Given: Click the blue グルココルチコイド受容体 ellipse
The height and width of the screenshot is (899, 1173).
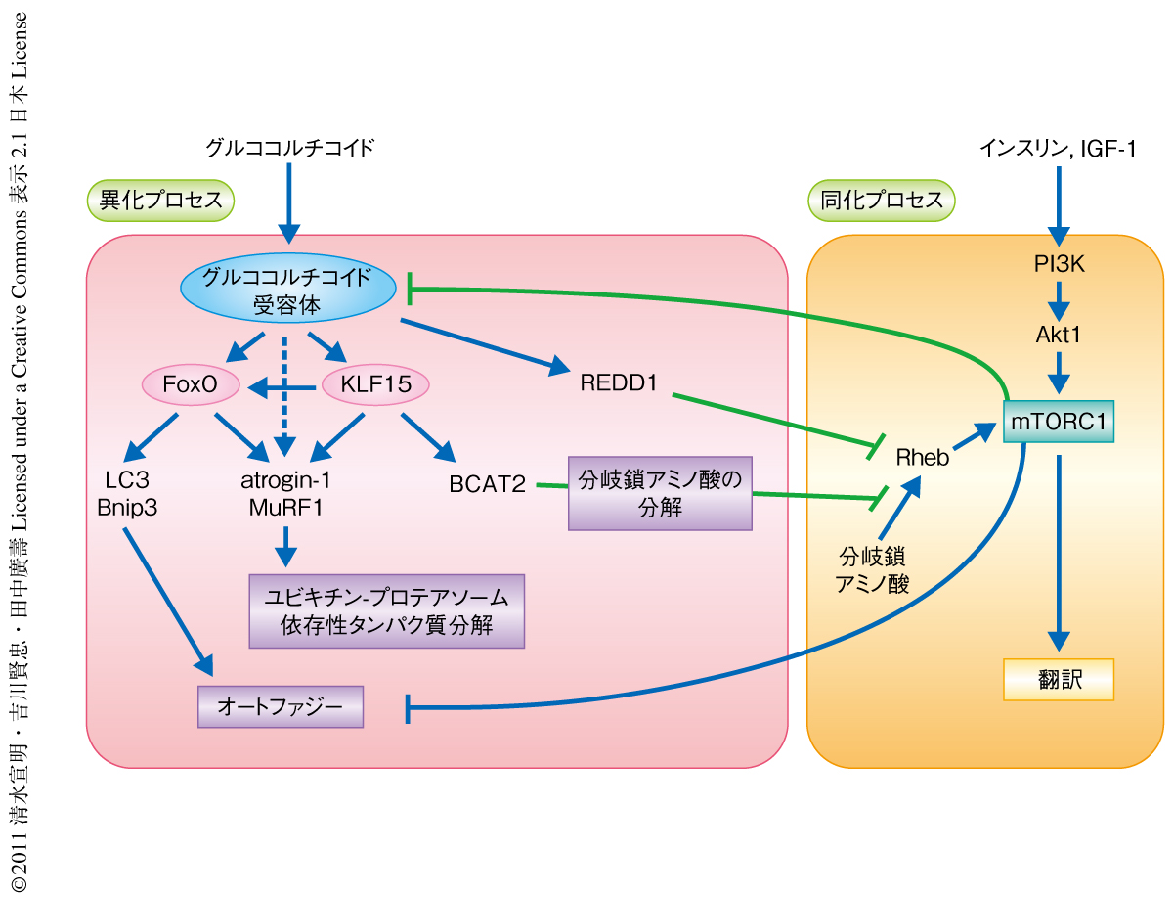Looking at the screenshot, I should coord(286,291).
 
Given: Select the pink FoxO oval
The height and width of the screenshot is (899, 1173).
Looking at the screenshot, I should coord(191,385).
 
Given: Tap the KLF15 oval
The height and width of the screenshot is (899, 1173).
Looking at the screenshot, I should coord(373,385).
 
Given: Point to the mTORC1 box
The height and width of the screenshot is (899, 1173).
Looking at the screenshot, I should coord(1059,422).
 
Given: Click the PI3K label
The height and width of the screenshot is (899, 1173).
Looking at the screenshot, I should coord(1059,264).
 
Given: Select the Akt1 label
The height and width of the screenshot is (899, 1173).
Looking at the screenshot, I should coord(1059,335).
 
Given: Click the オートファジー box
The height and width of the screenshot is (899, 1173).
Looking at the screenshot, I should coord(281,705).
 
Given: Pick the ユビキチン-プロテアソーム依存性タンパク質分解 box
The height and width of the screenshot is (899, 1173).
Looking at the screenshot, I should coord(387,611).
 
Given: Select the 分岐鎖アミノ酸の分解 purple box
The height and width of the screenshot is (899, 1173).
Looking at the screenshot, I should coord(660,493).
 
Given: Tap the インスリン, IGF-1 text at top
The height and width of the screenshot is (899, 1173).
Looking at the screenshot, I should coord(1057,149).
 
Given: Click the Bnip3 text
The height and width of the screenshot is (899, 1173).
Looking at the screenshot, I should coord(127,508).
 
